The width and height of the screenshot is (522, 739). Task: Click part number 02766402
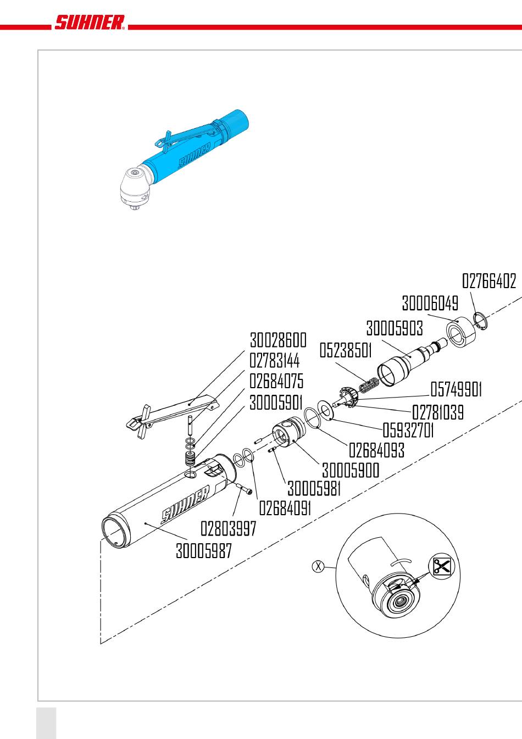pyautogui.click(x=489, y=282)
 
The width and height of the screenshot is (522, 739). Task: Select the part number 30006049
pyautogui.click(x=430, y=303)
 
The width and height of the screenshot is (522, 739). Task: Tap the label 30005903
pyautogui.click(x=395, y=328)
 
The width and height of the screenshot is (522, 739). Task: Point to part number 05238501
pyautogui.click(x=346, y=350)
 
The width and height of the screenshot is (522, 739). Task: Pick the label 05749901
pyautogui.click(x=456, y=389)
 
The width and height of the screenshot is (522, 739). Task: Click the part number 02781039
pyautogui.click(x=437, y=412)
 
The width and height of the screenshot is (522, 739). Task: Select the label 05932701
pyautogui.click(x=408, y=430)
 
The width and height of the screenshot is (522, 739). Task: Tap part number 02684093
pyautogui.click(x=377, y=450)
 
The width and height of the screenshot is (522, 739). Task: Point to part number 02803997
pyautogui.click(x=229, y=529)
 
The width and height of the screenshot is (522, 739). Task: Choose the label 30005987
pyautogui.click(x=204, y=550)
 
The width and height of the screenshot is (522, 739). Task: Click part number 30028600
pyautogui.click(x=278, y=340)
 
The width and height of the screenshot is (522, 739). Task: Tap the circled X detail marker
pyautogui.click(x=318, y=566)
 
